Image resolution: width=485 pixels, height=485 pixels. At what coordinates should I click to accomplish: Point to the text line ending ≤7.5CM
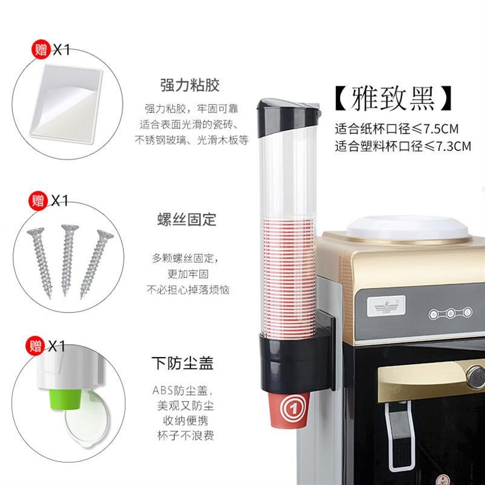pyautogui.click(x=397, y=129)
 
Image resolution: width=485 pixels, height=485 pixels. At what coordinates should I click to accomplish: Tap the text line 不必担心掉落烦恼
pyautogui.click(x=187, y=291)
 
